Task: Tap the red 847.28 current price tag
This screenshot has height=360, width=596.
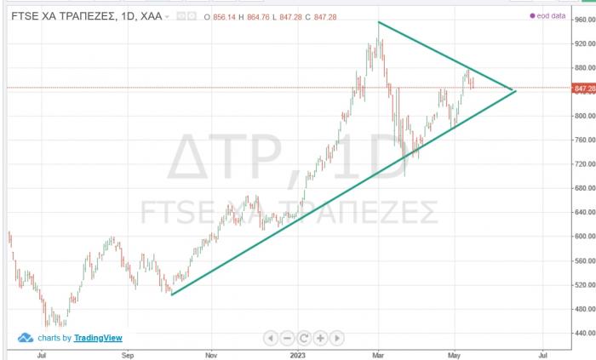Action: pos(583,89)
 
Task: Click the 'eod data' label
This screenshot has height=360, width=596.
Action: pos(553,16)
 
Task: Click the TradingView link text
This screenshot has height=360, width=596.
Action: pos(98,338)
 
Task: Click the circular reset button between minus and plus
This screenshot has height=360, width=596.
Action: pos(304,338)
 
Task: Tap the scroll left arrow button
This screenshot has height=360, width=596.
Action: pos(270,338)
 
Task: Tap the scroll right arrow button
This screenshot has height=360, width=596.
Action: pos(338,338)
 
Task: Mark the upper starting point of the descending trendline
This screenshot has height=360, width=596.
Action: pos(378,21)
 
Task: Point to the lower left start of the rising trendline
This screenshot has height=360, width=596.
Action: pos(172,294)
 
